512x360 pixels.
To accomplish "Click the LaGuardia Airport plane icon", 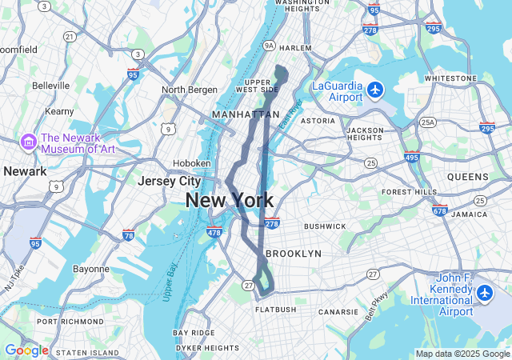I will [375, 89].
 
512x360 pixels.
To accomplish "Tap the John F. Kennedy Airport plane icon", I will [484, 294].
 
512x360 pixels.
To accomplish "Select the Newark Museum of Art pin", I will [29, 142].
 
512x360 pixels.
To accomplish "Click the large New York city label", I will [230, 201].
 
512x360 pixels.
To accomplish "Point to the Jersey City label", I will [169, 182].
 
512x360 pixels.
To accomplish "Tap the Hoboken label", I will [192, 163].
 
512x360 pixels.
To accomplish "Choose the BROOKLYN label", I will [293, 254].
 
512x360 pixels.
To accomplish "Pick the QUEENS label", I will [468, 176].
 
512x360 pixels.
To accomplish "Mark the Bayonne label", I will [90, 269].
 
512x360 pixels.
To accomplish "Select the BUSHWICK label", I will [324, 226].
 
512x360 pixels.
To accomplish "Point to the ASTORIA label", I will [318, 121].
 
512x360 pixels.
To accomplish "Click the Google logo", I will [26, 350].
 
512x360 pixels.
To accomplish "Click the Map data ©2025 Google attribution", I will [462, 354].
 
